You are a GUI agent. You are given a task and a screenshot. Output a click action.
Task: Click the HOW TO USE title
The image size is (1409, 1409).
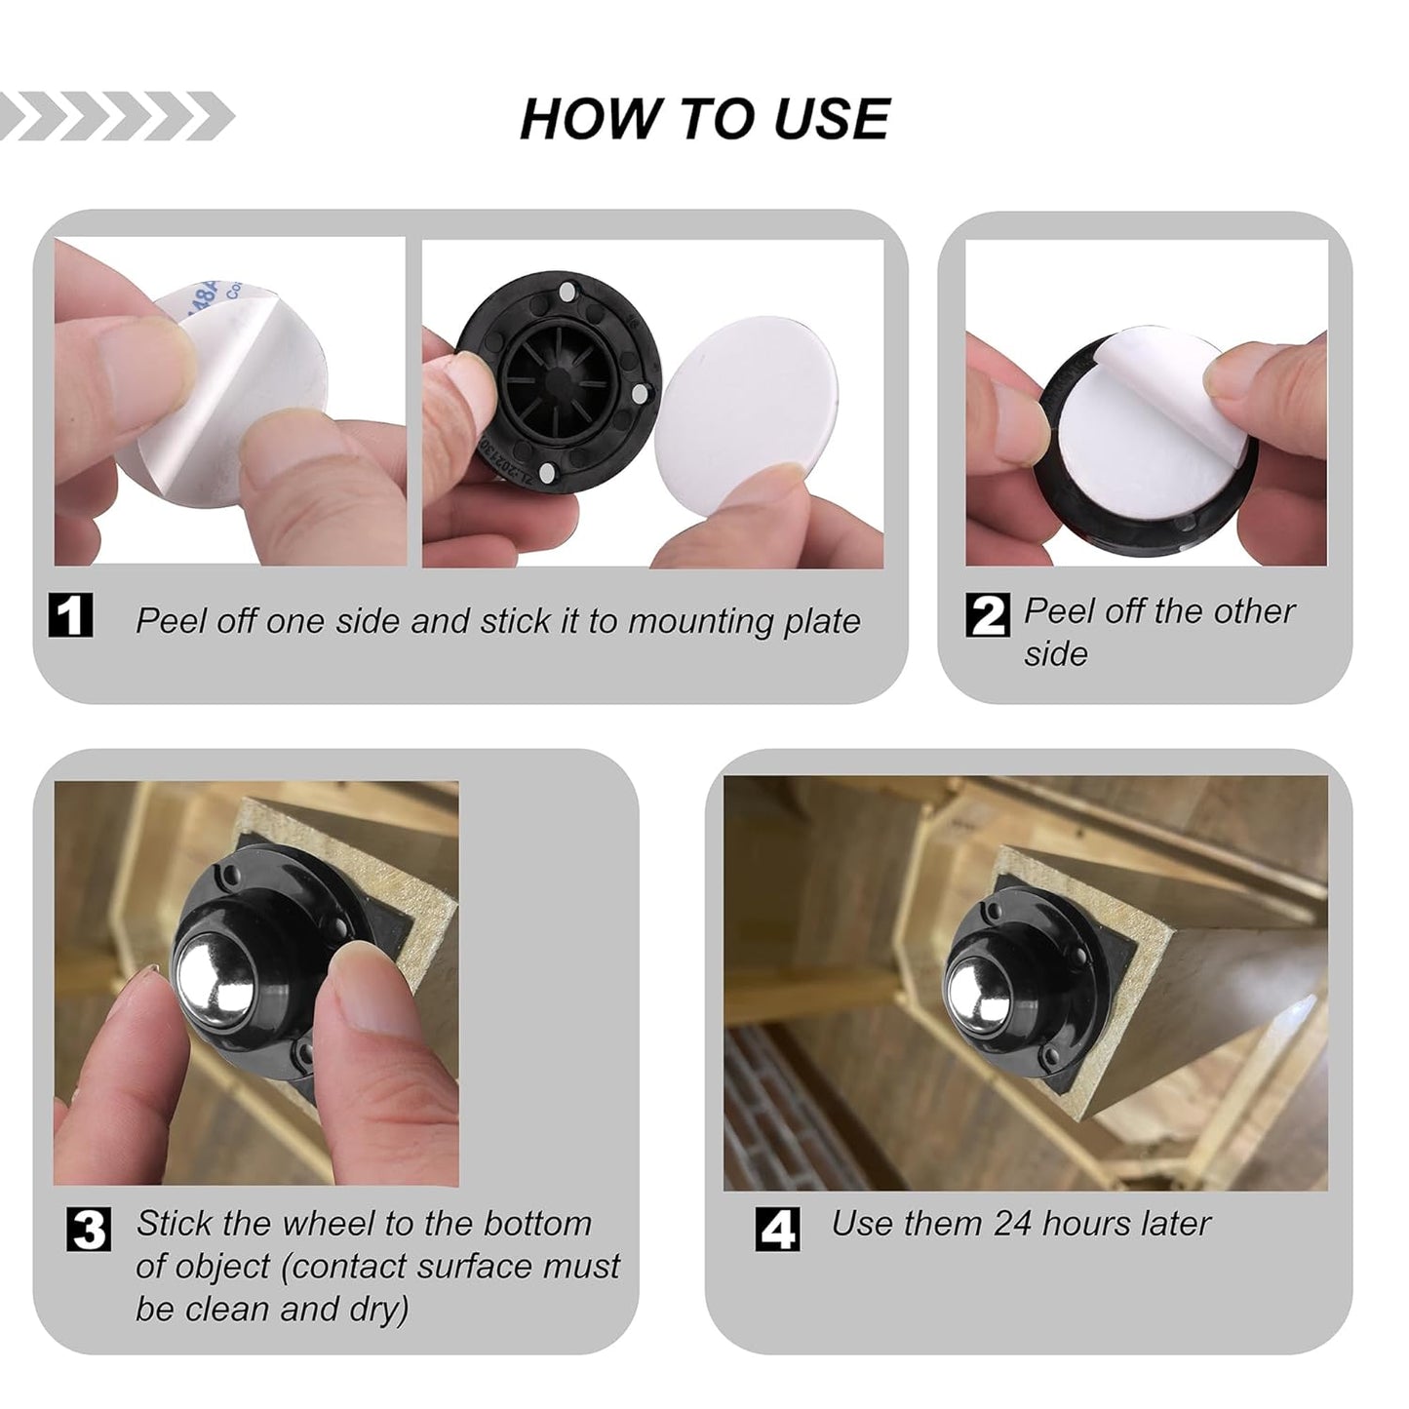pyautogui.click(x=704, y=119)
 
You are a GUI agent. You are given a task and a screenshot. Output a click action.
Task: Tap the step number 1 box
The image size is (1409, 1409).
pyautogui.click(x=70, y=615)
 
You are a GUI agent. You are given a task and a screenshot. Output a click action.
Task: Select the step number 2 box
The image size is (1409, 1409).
pyautogui.click(x=987, y=615)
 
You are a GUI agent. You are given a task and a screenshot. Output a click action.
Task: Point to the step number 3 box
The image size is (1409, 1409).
pyautogui.click(x=89, y=1229)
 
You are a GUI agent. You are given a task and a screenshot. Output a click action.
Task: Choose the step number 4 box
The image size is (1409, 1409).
pyautogui.click(x=777, y=1229)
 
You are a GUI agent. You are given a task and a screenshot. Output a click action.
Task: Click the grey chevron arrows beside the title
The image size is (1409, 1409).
pyautogui.click(x=117, y=117)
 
